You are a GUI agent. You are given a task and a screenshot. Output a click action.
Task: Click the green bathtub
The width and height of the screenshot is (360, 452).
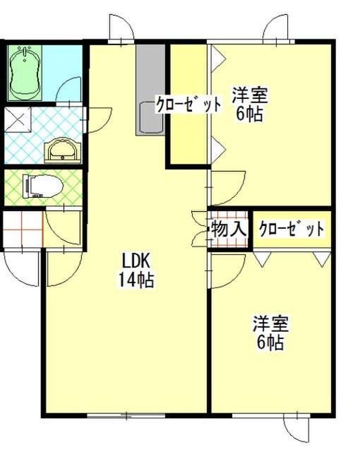27,71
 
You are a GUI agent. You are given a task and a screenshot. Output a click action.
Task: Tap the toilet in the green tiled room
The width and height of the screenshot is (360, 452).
43,186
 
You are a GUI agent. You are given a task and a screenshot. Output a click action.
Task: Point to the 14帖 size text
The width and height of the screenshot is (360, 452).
136,279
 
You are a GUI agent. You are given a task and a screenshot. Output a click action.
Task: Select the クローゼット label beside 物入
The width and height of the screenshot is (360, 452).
291,229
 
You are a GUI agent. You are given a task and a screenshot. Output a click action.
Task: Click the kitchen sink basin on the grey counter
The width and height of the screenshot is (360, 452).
150,115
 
